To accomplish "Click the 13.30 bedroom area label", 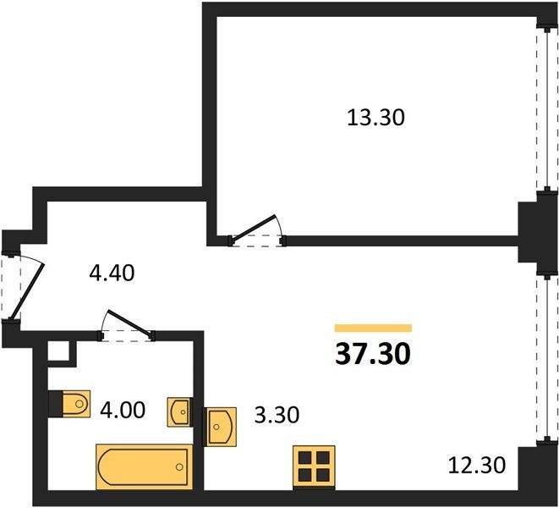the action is click(375, 118).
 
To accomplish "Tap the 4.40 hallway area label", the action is click(112, 273).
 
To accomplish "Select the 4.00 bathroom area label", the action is click(123, 410).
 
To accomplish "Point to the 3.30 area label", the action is click(277, 415).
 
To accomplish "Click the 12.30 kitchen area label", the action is click(477, 465).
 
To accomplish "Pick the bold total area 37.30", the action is click(373, 354).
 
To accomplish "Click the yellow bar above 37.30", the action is click(373, 328).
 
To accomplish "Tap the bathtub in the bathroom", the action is click(145, 467).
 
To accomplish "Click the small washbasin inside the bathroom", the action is click(180, 412).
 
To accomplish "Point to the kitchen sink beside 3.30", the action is click(221, 427).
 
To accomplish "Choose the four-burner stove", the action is click(314, 467).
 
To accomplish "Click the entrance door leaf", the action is click(27, 291).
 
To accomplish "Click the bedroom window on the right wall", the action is click(547, 109).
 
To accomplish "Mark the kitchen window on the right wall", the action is click(547, 359).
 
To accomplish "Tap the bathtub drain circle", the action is click(179, 467).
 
